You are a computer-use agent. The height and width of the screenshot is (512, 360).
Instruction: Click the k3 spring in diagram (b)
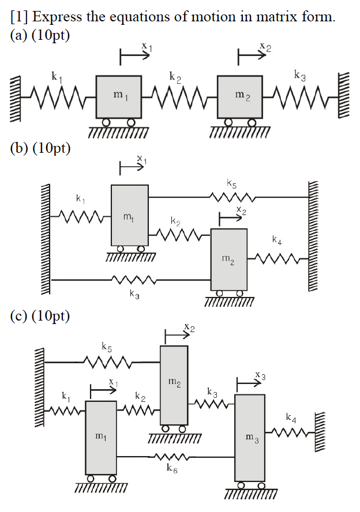(x=134, y=280)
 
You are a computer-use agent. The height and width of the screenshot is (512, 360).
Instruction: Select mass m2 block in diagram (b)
(x=228, y=259)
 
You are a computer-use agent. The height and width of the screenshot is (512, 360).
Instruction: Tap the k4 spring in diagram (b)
(x=278, y=259)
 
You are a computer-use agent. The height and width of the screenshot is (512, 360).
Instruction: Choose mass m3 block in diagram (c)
(x=249, y=438)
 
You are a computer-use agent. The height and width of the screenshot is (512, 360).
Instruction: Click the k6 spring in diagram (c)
(x=171, y=457)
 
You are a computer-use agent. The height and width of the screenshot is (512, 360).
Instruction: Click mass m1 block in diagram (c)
(x=101, y=437)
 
